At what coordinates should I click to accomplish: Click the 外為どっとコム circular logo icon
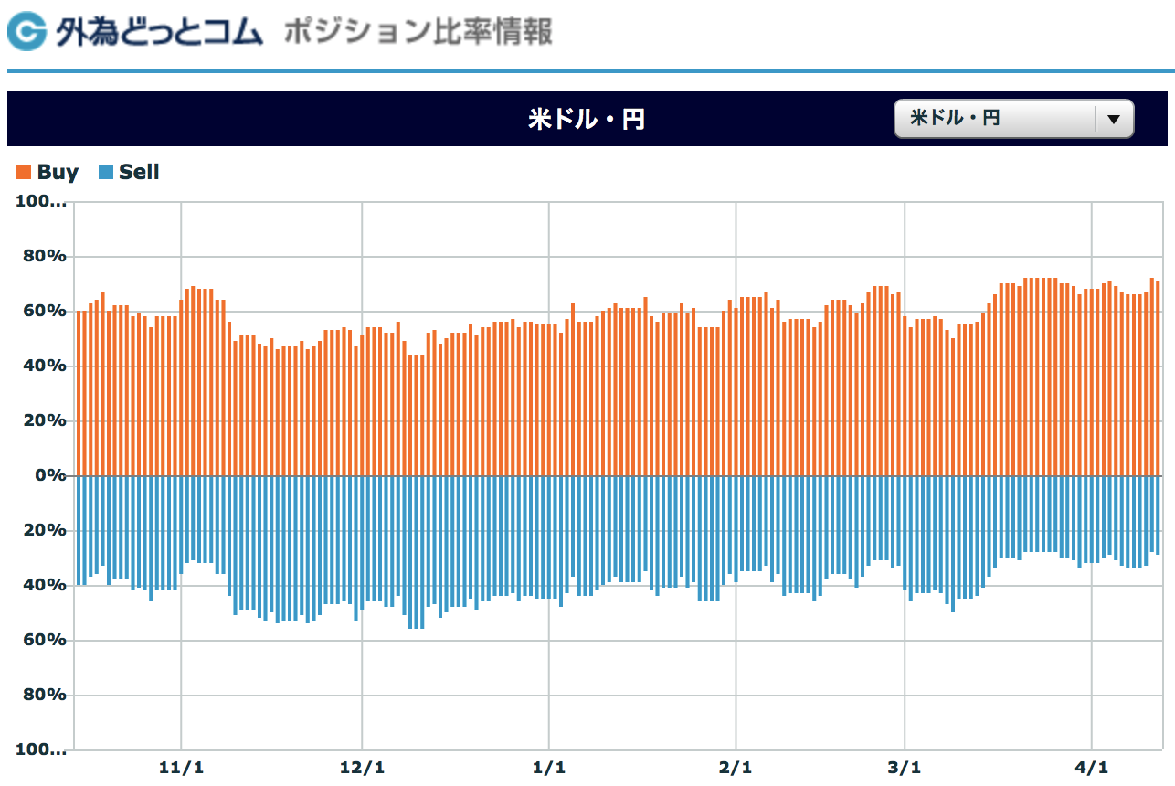(26, 33)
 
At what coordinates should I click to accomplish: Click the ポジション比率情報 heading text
(418, 33)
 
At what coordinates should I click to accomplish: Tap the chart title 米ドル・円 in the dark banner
(587, 119)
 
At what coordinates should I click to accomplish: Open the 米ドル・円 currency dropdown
(996, 119)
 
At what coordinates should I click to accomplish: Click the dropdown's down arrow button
(1113, 119)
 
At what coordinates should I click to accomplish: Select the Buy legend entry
(58, 172)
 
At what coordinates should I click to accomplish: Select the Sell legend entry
(139, 172)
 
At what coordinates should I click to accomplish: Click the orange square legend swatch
(24, 172)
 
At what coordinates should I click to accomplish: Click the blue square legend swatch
(106, 172)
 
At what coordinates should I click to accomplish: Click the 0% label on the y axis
(51, 475)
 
